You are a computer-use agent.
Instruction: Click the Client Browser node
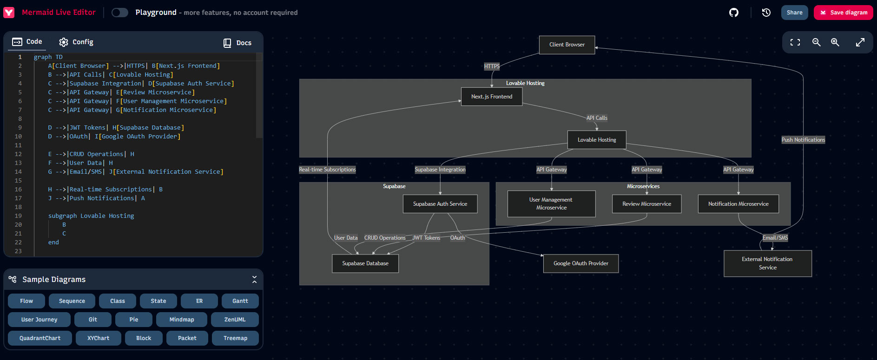tap(567, 45)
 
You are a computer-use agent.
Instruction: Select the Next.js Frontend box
tap(492, 97)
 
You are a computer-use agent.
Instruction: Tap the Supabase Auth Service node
tap(440, 204)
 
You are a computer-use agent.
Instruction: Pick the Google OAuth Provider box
tap(581, 263)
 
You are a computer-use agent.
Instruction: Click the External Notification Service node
tap(768, 263)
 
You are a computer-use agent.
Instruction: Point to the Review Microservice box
tap(647, 204)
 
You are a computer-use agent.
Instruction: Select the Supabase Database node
tap(365, 263)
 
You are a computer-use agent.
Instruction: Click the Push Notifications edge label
tap(803, 140)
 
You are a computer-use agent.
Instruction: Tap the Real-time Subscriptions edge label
tap(327, 170)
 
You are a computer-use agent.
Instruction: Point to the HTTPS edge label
tap(492, 66)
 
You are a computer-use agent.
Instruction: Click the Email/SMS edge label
tap(775, 238)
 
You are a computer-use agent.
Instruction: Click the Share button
tap(794, 13)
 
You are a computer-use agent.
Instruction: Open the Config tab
tap(76, 42)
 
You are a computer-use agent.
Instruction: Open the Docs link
tap(237, 43)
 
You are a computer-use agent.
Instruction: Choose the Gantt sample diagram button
tap(240, 301)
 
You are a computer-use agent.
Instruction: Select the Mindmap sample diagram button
tap(182, 320)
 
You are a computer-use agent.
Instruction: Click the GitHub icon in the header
tap(734, 13)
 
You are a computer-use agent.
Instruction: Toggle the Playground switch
tap(120, 13)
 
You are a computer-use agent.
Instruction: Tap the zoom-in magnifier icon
tap(835, 42)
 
